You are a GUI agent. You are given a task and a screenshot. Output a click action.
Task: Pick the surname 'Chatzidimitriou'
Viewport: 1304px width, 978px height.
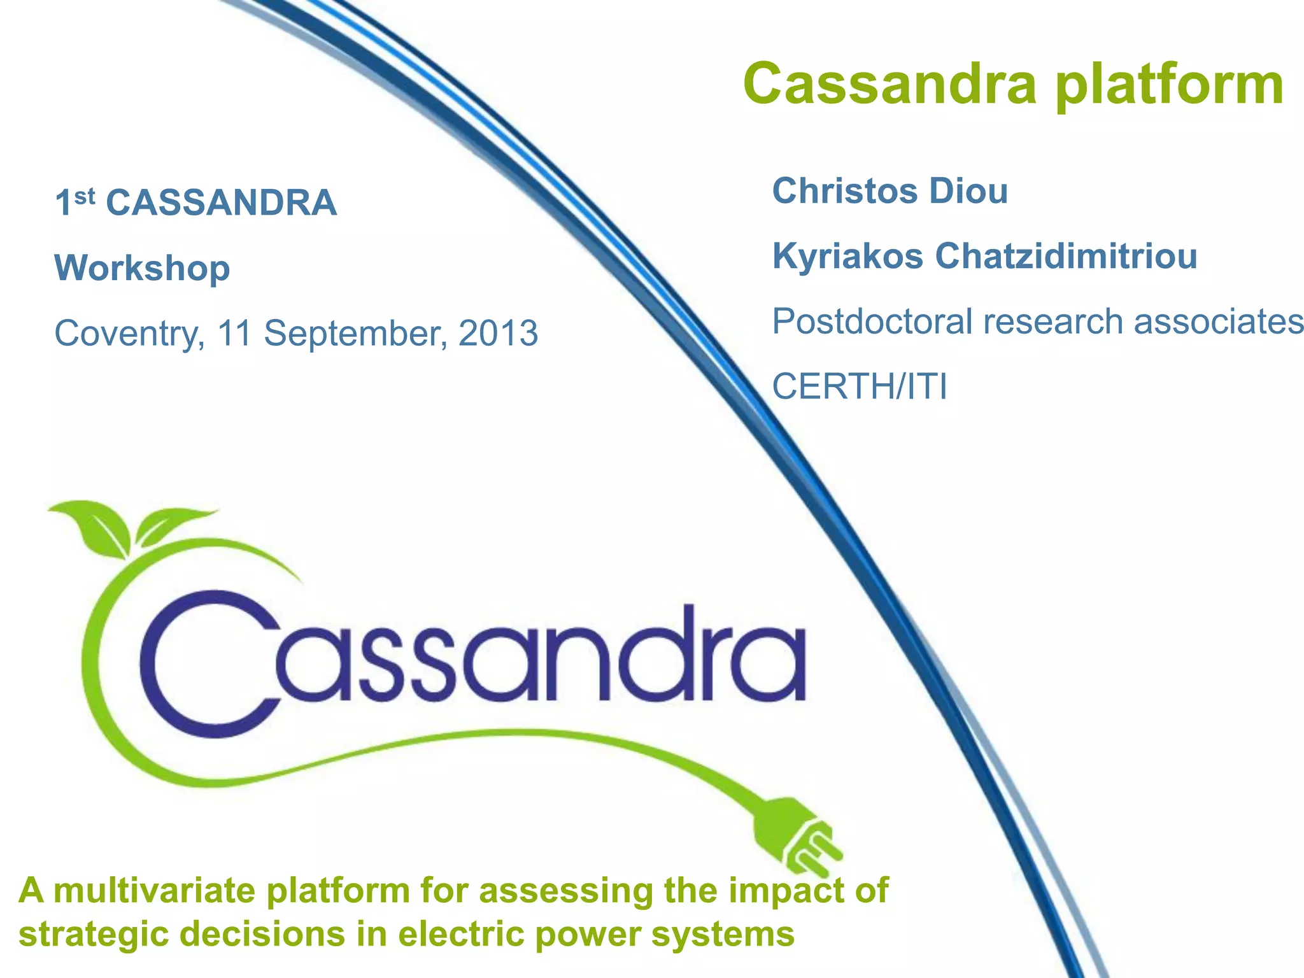pyautogui.click(x=1066, y=256)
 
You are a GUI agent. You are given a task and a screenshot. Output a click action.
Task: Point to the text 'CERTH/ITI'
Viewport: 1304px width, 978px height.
pyautogui.click(x=860, y=386)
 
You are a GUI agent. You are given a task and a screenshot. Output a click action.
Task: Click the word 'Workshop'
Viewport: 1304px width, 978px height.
pyautogui.click(x=142, y=269)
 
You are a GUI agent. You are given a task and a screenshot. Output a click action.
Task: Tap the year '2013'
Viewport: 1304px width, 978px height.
pyautogui.click(x=498, y=333)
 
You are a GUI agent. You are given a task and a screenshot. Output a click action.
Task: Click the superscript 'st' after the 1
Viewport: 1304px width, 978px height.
pyautogui.click(x=85, y=197)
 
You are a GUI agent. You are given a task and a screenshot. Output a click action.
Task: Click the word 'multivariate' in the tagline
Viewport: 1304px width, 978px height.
pyautogui.click(x=155, y=891)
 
